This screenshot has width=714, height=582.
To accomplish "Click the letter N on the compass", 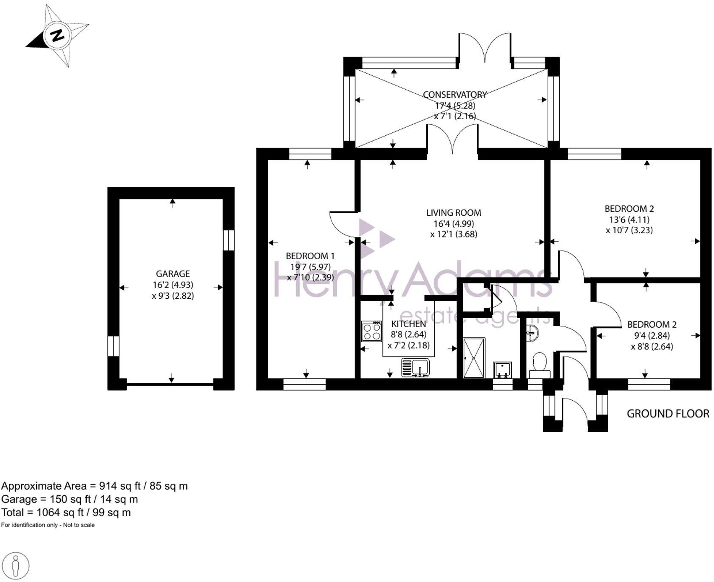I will (x=57, y=35).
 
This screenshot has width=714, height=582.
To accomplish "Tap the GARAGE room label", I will (x=173, y=274).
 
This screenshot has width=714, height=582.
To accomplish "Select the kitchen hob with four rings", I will (x=371, y=331).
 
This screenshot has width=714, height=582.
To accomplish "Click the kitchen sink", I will (x=415, y=367).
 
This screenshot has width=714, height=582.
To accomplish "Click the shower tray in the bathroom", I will (x=473, y=358).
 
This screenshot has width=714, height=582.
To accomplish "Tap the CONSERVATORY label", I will (x=454, y=94).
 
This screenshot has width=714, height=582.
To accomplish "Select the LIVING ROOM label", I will (x=453, y=213).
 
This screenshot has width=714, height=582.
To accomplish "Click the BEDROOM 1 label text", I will (x=310, y=256).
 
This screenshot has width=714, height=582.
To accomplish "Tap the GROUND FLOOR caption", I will (x=668, y=414).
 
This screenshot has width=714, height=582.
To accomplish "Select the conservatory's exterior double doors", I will (x=485, y=47).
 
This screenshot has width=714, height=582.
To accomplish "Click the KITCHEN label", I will (x=408, y=324).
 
